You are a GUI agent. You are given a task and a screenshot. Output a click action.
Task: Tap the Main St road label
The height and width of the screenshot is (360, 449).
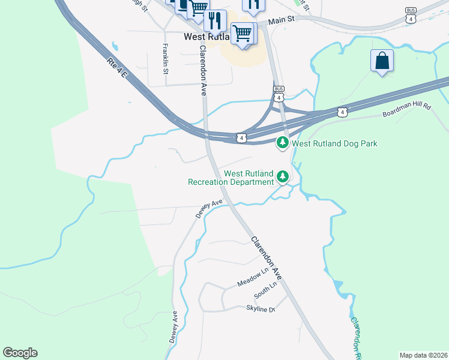[x=282, y=20]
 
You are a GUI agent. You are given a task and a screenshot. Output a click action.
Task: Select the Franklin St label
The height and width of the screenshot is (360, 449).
[x=166, y=58]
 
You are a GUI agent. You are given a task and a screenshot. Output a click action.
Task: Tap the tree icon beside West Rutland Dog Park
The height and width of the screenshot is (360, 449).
[x=283, y=143]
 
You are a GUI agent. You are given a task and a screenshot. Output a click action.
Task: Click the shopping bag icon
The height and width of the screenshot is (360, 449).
[x=382, y=61]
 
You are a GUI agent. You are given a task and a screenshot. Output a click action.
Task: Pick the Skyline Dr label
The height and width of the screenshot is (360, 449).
[x=260, y=308]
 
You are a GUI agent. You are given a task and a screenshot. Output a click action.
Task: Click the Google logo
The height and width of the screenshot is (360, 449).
[x=20, y=353]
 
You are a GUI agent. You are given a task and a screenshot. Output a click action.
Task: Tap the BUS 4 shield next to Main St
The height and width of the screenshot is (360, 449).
[x=411, y=16]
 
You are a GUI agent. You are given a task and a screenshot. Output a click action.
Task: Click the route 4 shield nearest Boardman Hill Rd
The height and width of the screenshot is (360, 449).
[x=342, y=112]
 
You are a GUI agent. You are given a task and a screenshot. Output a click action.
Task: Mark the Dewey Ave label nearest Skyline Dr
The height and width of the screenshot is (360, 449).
[x=175, y=326]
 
